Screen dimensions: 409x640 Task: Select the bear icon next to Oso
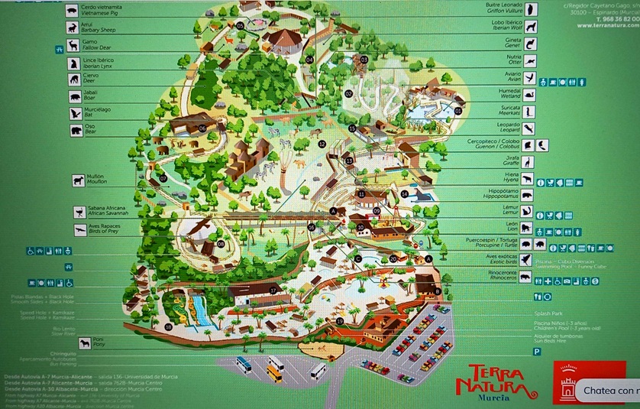pos(76,131)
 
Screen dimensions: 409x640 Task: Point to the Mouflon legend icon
pos(78,180)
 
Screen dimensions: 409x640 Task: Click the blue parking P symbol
pos(537,352)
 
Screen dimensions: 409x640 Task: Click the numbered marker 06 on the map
pos(202,128)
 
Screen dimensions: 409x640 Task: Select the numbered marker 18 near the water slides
pos(169,326)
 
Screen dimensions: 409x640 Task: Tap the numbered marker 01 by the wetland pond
pos(458,111)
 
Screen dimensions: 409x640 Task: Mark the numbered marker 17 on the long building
pos(273,291)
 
